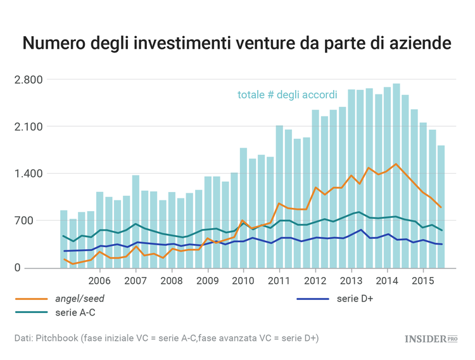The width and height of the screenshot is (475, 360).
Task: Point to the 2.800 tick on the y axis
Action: click(28, 80)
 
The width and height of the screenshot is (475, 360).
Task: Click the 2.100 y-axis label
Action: click(28, 127)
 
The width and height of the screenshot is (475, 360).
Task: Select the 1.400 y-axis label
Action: click(28, 174)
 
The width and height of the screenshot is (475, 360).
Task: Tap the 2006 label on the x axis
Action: click(99, 280)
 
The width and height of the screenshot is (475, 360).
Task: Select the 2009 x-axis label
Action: click(207, 280)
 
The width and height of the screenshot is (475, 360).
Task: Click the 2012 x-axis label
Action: click(315, 280)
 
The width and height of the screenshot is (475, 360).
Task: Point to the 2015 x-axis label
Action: click(422, 280)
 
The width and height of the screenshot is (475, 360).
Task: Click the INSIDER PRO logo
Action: click(431, 339)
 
